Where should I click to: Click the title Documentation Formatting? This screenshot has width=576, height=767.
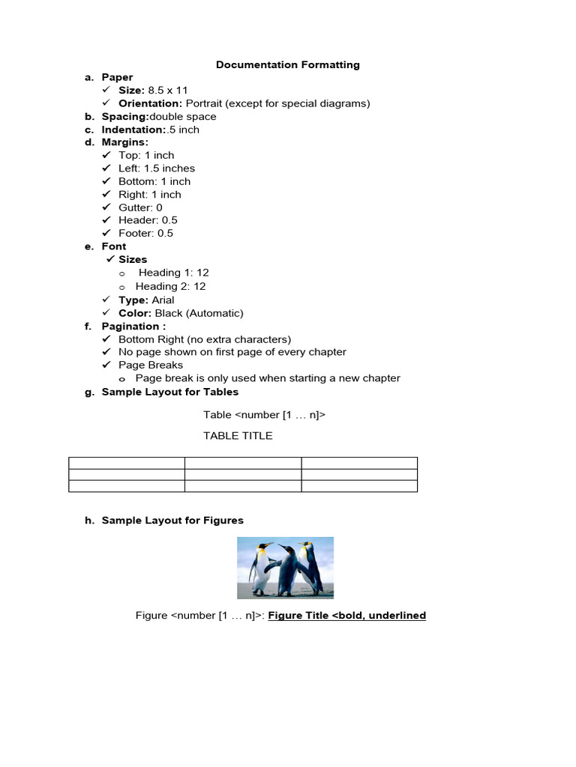287,64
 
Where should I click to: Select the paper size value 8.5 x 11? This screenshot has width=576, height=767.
168,90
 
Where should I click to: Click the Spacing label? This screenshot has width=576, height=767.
125,116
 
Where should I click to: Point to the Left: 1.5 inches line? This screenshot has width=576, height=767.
156,169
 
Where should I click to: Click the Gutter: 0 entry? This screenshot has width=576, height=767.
140,207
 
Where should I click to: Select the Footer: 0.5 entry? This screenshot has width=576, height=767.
145,233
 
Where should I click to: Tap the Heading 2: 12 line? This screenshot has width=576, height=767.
170,286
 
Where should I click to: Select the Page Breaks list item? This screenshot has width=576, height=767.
150,365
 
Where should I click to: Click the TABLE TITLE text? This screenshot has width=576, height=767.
238,435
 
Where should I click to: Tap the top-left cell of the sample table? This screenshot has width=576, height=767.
127,463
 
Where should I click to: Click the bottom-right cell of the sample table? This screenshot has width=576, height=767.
359,486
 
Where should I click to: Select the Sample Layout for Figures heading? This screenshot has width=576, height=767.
172,520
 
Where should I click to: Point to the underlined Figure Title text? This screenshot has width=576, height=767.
346,616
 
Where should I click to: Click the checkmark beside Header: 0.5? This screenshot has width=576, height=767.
106,220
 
